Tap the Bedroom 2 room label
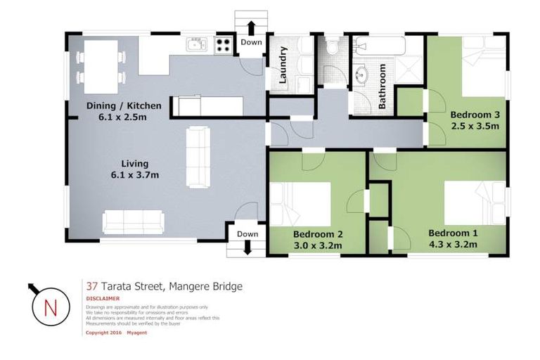coord(317,240)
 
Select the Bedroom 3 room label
coord(475,120)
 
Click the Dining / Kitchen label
coord(123,111)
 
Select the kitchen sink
coord(196,46)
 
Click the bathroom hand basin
coord(364,75)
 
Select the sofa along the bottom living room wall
coord(133,221)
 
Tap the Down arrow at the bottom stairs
coord(247,246)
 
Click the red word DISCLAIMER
coord(102,298)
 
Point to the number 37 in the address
coord(91,286)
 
